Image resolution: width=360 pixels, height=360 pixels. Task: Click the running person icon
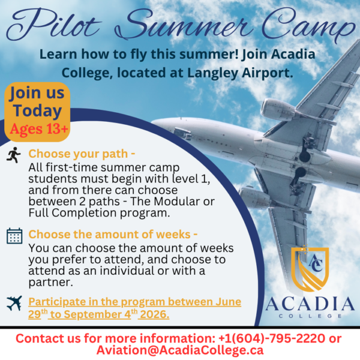click(13, 155)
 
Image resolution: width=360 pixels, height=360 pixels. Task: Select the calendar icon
click(14, 235)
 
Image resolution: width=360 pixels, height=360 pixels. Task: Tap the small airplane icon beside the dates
click(14, 303)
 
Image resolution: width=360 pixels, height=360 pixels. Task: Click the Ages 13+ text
click(37, 128)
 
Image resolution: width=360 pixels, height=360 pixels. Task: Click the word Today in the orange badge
click(37, 111)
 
